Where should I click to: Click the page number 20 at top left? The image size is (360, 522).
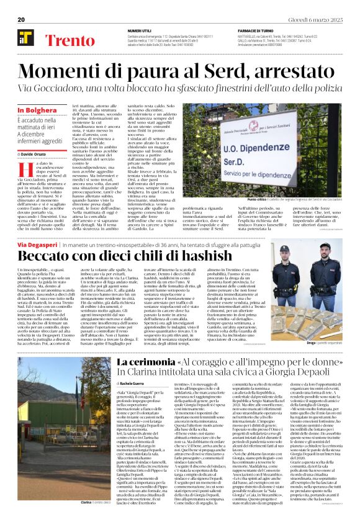pyautogui.click(x=20, y=20)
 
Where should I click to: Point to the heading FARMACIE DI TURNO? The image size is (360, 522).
pyautogui.click(x=258, y=30)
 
